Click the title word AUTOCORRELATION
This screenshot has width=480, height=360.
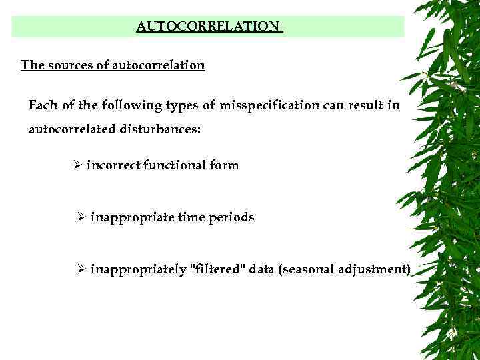tap(208, 27)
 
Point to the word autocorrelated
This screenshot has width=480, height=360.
tap(71, 129)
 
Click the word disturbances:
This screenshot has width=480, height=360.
tap(160, 129)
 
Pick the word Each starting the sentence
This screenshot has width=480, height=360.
tap(42, 106)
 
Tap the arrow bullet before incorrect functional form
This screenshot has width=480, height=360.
tap(77, 165)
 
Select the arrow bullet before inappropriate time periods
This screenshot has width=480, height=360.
tap(81, 217)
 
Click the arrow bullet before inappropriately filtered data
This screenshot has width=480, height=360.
tap(81, 269)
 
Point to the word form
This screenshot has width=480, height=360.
tap(224, 165)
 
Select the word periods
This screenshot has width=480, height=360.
tap(233, 217)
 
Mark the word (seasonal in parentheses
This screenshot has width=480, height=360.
tap(309, 269)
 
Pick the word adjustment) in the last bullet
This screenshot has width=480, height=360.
tap(377, 269)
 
